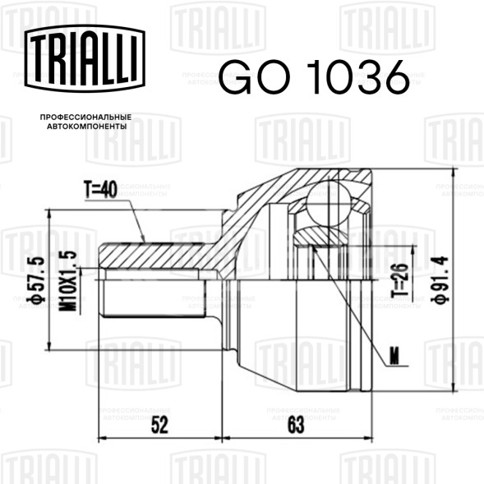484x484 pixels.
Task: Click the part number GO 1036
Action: coord(314,76)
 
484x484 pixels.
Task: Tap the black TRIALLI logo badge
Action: coord(85,58)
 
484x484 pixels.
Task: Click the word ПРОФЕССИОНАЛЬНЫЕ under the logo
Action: coord(85,118)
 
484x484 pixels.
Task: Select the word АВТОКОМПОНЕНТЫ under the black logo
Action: coord(87,127)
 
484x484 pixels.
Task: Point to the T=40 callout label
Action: coord(100,189)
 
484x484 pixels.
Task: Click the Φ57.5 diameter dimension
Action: coord(36,280)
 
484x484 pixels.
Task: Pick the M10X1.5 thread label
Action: coord(68,281)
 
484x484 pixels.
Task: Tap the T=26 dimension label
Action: coord(399,280)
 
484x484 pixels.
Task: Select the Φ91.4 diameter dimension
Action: coord(440,279)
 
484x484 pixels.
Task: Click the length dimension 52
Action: coord(159,425)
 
